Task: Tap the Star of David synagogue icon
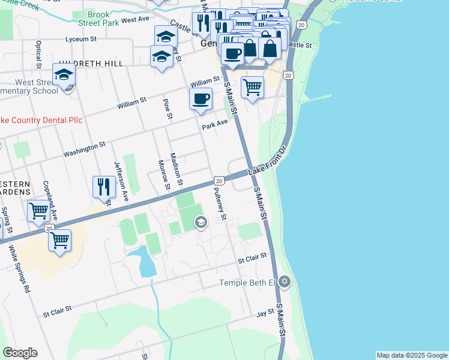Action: [285, 281]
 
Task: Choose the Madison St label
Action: [176, 168]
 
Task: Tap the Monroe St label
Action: [162, 174]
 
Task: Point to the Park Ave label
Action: [215, 125]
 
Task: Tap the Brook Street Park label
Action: [99, 18]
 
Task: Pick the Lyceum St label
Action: [81, 40]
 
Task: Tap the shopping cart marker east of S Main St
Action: [253, 87]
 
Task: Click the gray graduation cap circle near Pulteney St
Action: [200, 223]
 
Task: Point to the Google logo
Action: [20, 353]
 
